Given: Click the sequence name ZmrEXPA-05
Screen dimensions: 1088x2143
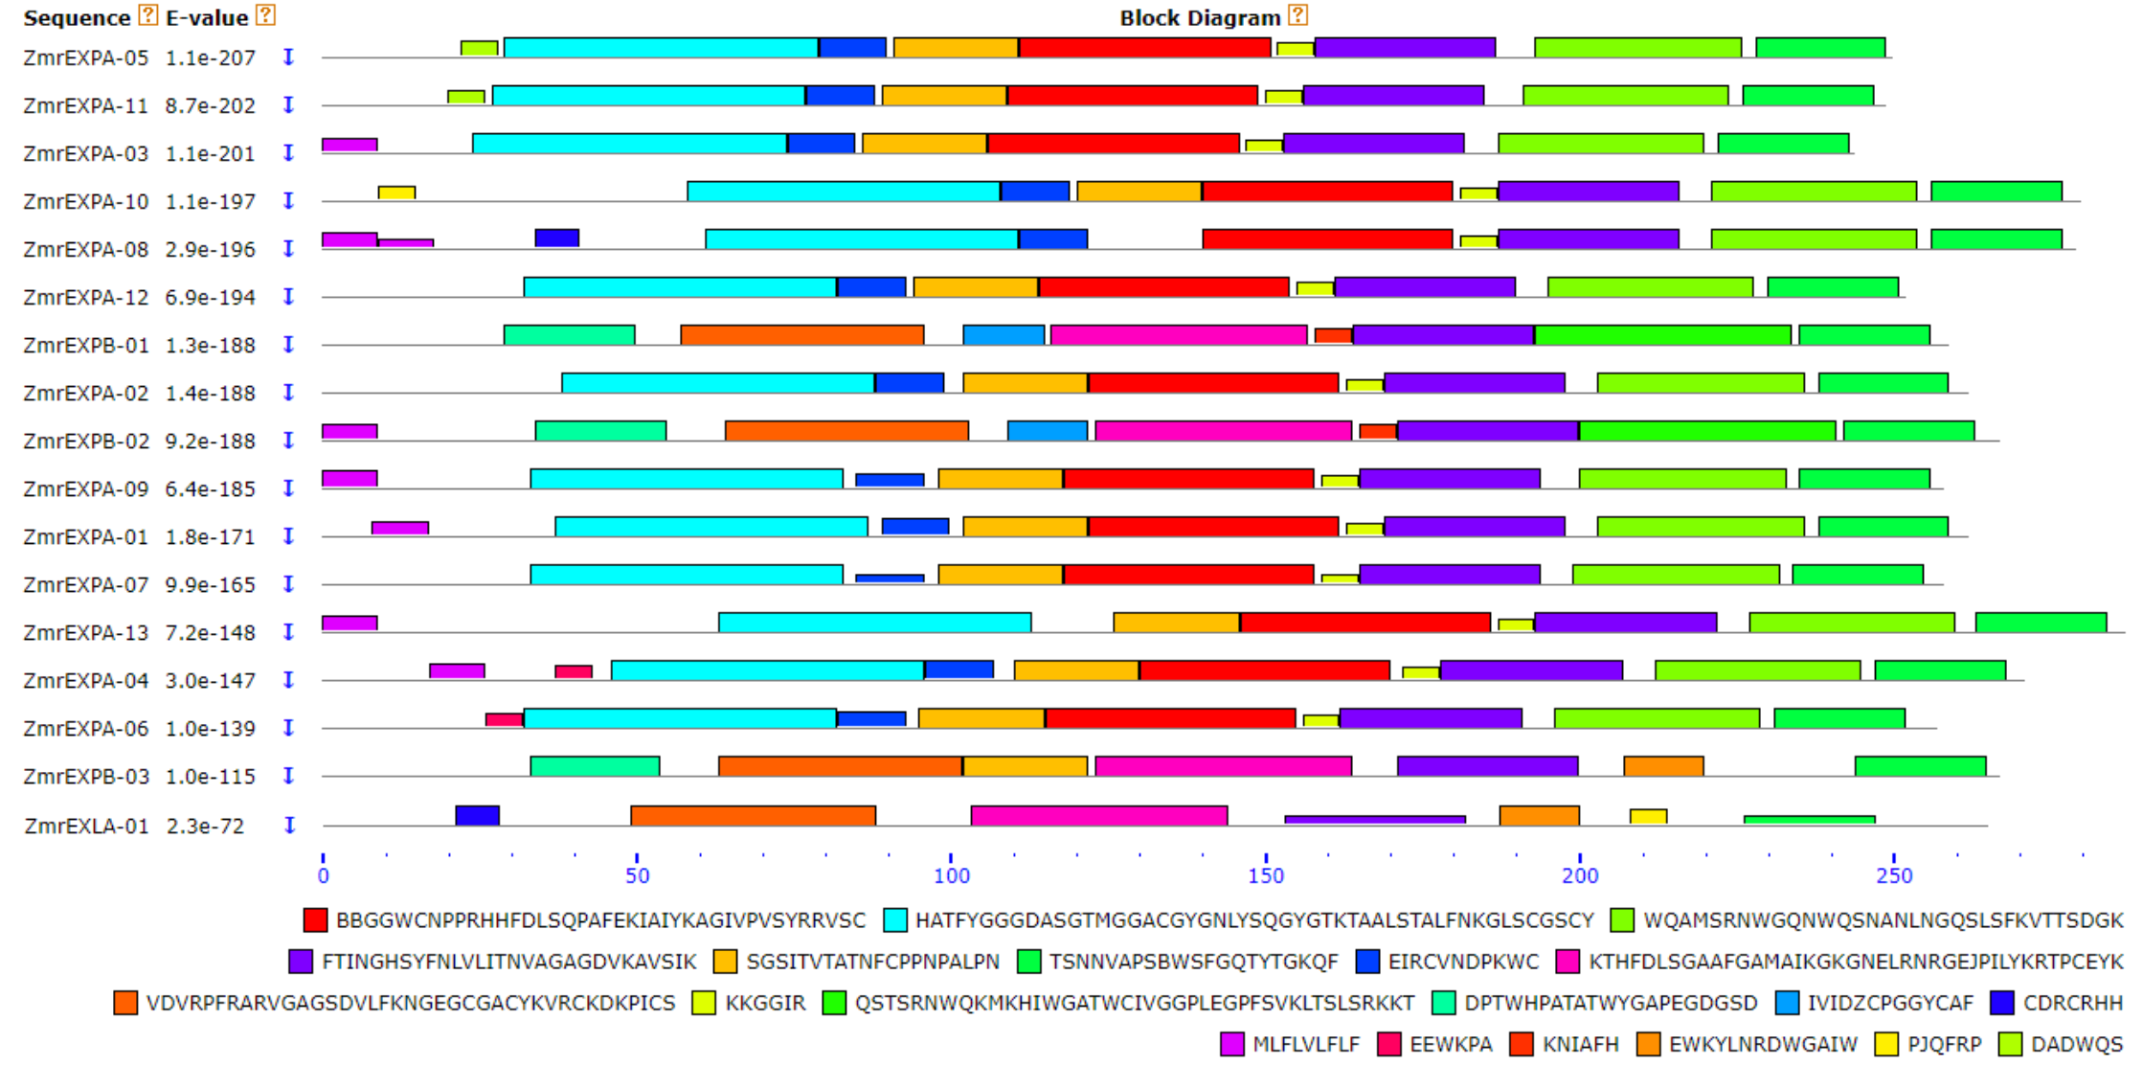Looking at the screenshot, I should point(85,58).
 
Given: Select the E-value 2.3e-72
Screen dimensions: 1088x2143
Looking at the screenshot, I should point(205,827).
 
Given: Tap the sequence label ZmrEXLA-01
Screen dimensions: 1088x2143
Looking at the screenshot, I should point(86,827).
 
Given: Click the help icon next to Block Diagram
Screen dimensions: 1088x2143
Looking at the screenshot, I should point(1297,15).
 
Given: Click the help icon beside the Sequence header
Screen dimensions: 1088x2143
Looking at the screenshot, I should point(147,15).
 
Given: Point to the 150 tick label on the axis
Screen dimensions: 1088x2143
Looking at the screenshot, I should point(1266,875).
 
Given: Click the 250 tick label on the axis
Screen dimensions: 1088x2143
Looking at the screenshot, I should point(1894,875).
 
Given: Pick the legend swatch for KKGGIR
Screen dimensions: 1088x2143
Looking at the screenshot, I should point(704,1003).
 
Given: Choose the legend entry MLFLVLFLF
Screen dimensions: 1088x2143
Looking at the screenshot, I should point(1305,1044).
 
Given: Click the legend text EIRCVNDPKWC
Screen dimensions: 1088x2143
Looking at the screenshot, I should point(1463,962).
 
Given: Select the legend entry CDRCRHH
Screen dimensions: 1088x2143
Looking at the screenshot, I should point(2072,1003).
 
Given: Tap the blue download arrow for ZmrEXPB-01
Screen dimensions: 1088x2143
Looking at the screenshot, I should point(288,345).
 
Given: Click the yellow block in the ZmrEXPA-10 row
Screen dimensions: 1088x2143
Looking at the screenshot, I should point(396,193).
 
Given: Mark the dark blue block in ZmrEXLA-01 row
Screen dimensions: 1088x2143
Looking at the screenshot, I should point(477,815).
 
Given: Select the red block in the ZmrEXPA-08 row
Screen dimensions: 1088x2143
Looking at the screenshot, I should point(1327,238).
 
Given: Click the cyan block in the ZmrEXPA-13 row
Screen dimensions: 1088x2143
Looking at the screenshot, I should point(874,623).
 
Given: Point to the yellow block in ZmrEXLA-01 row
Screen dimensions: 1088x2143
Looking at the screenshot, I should point(1648,816).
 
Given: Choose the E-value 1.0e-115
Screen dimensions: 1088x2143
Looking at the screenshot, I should point(210,777).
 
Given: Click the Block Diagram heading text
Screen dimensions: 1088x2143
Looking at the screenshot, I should point(1200,18).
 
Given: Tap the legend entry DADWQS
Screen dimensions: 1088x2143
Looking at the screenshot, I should point(2076,1044).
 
